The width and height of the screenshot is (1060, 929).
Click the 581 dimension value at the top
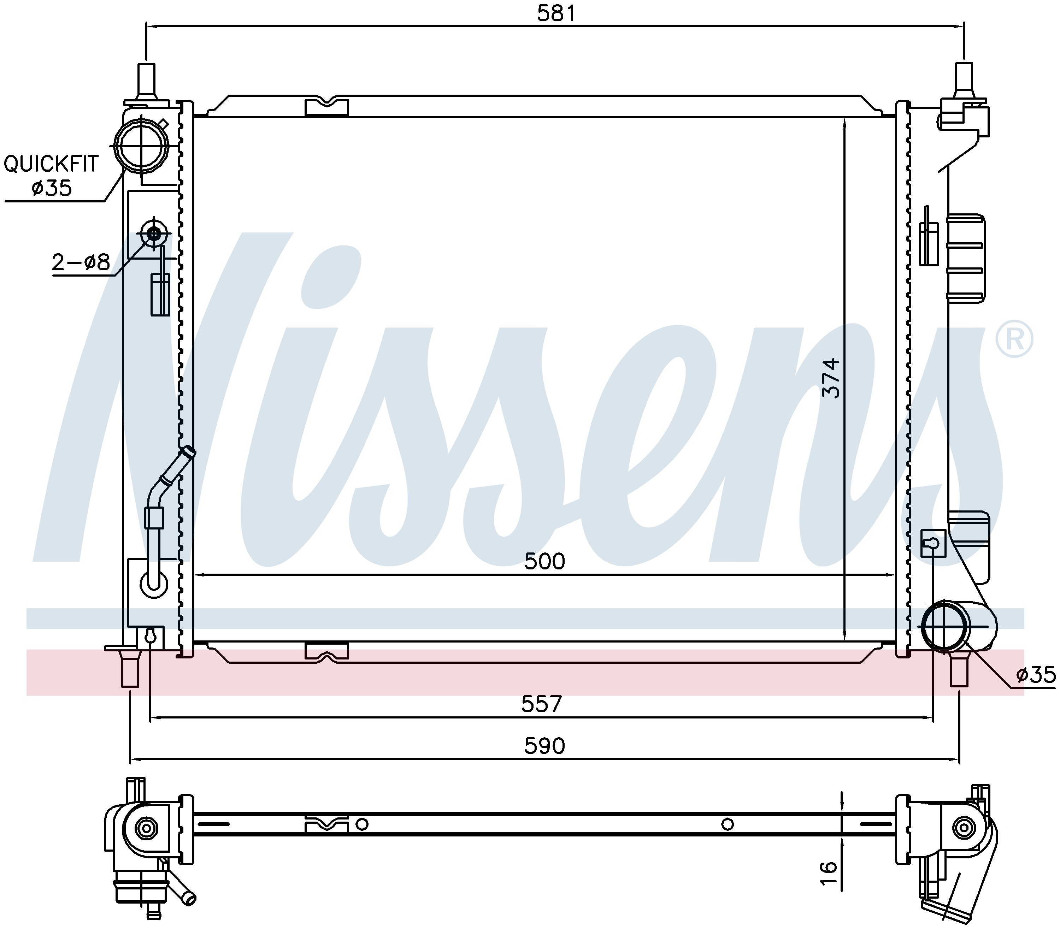pyautogui.click(x=556, y=13)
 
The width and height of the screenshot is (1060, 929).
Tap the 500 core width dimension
pyautogui.click(x=544, y=561)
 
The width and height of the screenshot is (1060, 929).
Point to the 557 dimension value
pyautogui.click(x=541, y=704)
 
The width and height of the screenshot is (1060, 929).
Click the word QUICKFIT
pyautogui.click(x=51, y=164)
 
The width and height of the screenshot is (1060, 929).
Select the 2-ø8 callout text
pyautogui.click(x=81, y=263)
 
